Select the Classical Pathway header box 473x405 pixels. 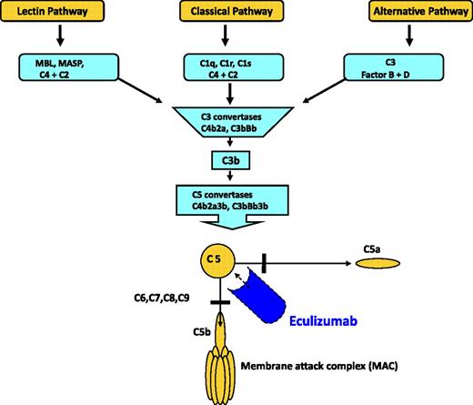pyautogui.click(x=236, y=14)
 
